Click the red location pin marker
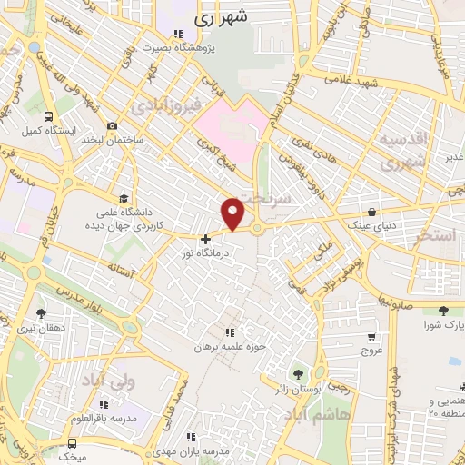pos(233,213)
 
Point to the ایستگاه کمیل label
pos(43,131)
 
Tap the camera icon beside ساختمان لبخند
pos(112,126)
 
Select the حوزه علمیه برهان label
pos(226,347)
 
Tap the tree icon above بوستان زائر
pos(297,373)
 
